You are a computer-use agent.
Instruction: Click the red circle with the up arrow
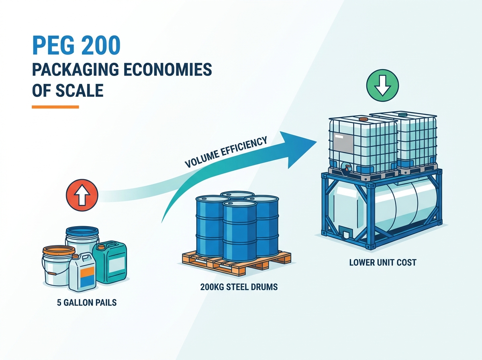pos(82,195)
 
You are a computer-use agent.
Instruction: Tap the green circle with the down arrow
pos(382,85)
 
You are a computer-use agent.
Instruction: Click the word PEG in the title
pos(53,46)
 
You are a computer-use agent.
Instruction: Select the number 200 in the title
pos(100,46)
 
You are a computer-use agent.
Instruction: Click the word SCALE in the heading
pos(80,90)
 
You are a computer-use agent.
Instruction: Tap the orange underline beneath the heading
pos(55,107)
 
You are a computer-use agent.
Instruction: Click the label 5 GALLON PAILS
pos(87,303)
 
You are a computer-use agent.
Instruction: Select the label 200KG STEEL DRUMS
pos(239,287)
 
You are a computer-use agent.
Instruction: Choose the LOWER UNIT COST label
pos(383,262)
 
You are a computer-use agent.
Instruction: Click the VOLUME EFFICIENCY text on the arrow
pos(226,152)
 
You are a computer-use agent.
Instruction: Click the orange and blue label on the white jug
pos(88,277)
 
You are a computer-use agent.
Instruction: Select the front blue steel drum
pos(239,231)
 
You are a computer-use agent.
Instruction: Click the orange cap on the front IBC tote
pos(363,119)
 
